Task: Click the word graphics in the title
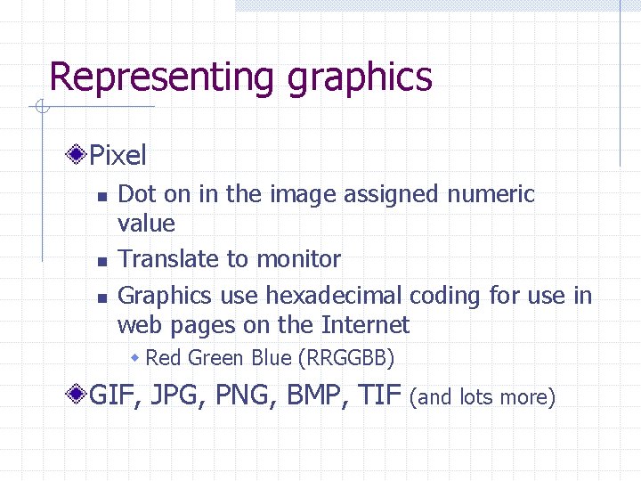pyautogui.click(x=360, y=77)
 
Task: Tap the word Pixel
pyautogui.click(x=118, y=156)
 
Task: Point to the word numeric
pyautogui.click(x=489, y=193)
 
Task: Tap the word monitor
pyautogui.click(x=297, y=259)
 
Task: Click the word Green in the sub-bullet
pyautogui.click(x=218, y=358)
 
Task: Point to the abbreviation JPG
pyautogui.click(x=176, y=394)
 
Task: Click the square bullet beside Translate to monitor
pyautogui.click(x=101, y=261)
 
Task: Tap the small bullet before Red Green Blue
pyautogui.click(x=136, y=358)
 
